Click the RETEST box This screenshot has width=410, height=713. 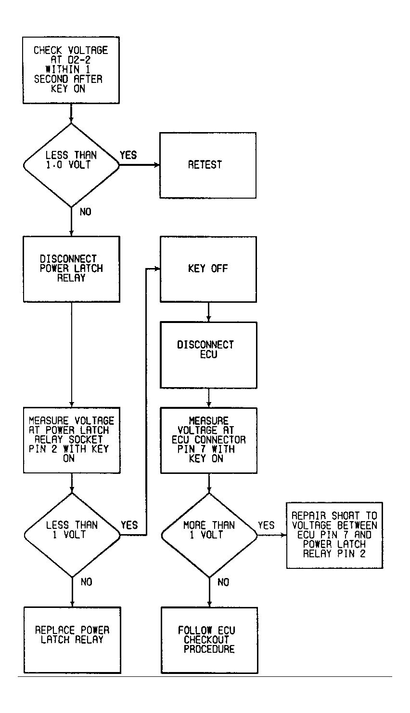coord(208,165)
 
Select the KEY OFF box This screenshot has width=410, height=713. coord(208,269)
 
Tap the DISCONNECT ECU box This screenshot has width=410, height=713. coord(208,355)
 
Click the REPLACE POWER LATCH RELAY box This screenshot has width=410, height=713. coord(73,640)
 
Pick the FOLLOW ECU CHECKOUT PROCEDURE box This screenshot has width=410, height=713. coord(209,640)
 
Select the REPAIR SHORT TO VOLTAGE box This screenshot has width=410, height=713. coord(334,536)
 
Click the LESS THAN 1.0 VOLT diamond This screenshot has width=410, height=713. coord(71,165)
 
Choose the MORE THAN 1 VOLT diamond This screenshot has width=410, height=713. coord(209,536)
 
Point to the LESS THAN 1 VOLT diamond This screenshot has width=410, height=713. coord(72,536)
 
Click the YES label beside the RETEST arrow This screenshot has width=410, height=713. coord(128,155)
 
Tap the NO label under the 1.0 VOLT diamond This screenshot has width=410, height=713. coord(86,212)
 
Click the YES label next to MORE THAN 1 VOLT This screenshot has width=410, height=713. coord(266,525)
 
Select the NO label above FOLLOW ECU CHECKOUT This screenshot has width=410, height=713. coord(223,582)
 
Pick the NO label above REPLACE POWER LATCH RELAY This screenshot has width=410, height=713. coord(86,582)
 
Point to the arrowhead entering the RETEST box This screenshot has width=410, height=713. coord(157,165)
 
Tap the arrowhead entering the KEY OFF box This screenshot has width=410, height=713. coord(157,269)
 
